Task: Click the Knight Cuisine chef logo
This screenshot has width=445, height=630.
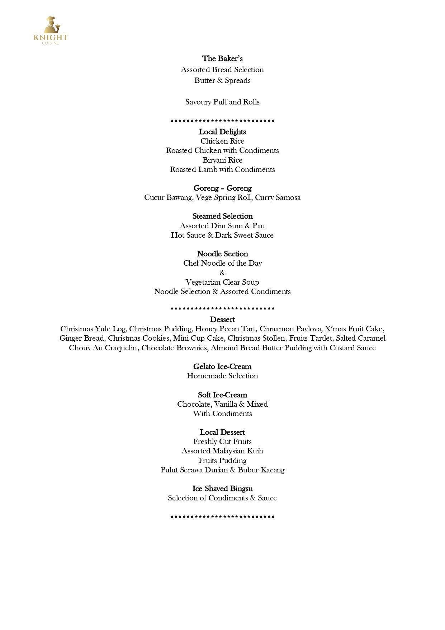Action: [x=51, y=31]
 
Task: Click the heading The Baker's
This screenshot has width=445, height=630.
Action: [x=222, y=59]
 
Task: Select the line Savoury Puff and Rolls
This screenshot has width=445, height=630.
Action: [x=222, y=102]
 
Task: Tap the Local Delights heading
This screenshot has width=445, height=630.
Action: [x=222, y=132]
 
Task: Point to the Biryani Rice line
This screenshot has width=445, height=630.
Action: [x=222, y=160]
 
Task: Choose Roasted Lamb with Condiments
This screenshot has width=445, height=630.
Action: [x=222, y=169]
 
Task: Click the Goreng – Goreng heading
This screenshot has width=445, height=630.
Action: [x=222, y=188]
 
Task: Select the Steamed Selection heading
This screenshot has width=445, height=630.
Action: [x=222, y=216]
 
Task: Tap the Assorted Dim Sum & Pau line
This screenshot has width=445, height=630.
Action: [x=222, y=226]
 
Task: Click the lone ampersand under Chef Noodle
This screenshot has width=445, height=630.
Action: [x=222, y=273]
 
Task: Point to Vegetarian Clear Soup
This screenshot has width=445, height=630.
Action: [x=222, y=282]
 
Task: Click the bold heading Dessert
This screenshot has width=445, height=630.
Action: [x=222, y=319]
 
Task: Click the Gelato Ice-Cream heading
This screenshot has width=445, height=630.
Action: [x=222, y=367]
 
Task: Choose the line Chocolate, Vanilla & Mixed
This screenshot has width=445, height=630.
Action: [x=222, y=404]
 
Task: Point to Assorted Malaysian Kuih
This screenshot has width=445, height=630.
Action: [x=222, y=451]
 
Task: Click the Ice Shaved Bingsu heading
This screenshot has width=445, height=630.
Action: [x=222, y=489]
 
